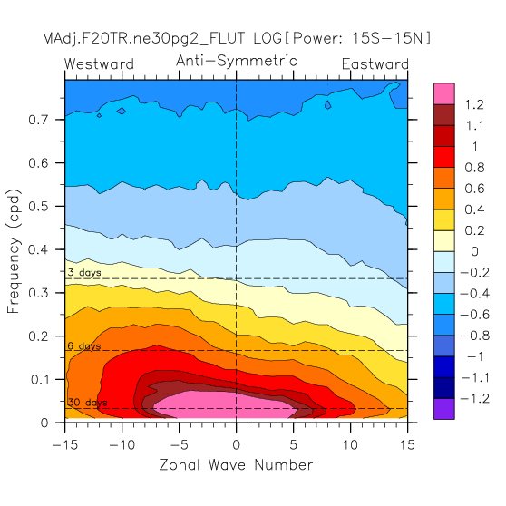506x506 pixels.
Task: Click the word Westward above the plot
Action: coord(99,63)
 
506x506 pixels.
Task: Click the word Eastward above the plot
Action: coord(375,63)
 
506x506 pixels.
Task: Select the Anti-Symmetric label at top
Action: coord(237,61)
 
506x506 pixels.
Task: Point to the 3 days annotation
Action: coord(85,273)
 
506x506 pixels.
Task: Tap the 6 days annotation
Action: coord(84,346)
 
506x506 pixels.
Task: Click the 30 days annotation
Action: coord(87,403)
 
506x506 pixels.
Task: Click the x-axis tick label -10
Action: coord(122,445)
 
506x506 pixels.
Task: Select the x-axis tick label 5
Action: coord(293,445)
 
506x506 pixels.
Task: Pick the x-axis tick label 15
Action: coord(407,445)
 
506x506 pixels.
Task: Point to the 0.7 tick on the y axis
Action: coord(38,120)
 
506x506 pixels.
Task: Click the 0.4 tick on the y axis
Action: coord(38,249)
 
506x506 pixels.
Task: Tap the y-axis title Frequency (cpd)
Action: coord(14,251)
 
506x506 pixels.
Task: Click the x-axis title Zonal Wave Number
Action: coord(236,465)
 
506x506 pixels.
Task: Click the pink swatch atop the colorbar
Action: coord(444,93)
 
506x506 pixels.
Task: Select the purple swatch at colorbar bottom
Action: coord(444,409)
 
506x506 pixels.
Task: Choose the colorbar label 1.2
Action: coord(474,105)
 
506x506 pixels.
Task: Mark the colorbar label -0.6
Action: coord(474,315)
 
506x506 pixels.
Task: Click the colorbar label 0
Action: coord(474,252)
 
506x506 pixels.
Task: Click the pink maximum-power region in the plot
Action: coord(226,405)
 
